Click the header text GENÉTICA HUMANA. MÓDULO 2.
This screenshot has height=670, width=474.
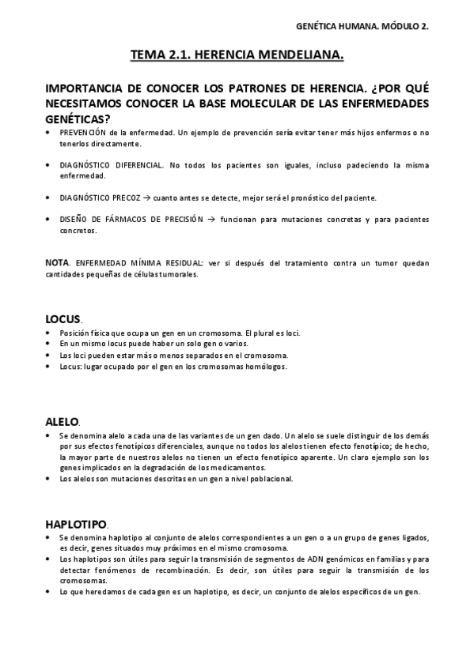pos(372,26)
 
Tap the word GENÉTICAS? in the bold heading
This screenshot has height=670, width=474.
pos(78,118)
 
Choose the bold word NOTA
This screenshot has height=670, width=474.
pos(57,262)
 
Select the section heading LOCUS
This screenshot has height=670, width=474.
pos(63,319)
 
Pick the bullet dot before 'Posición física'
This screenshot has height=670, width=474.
pos(50,333)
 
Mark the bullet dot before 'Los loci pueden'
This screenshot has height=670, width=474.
pos(50,356)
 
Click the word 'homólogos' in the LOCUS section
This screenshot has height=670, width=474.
pos(267,367)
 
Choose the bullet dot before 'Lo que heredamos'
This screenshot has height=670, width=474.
pos(50,592)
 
